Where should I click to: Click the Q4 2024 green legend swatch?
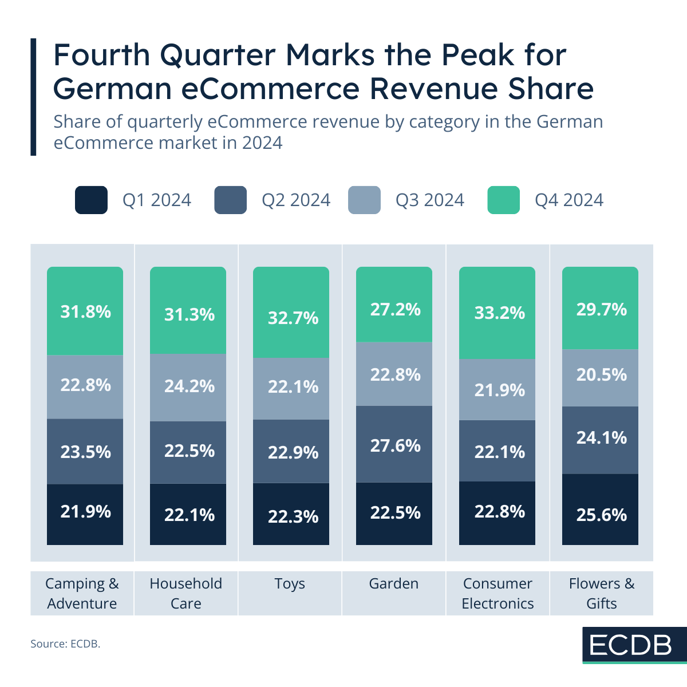(x=503, y=200)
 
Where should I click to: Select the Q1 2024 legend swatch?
(x=91, y=200)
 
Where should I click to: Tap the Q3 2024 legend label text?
(x=429, y=200)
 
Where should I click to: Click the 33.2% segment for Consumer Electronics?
(x=497, y=313)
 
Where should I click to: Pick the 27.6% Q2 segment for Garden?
(x=394, y=444)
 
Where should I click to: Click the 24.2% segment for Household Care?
(x=188, y=387)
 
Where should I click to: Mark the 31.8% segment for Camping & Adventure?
(x=85, y=311)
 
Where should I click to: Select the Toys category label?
(x=290, y=584)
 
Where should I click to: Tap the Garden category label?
(x=394, y=584)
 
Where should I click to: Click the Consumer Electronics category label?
(x=498, y=593)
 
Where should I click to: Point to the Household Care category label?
(x=186, y=593)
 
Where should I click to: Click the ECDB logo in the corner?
(x=631, y=645)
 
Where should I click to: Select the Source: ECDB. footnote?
(x=65, y=644)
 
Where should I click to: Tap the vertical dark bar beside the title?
(x=33, y=97)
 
